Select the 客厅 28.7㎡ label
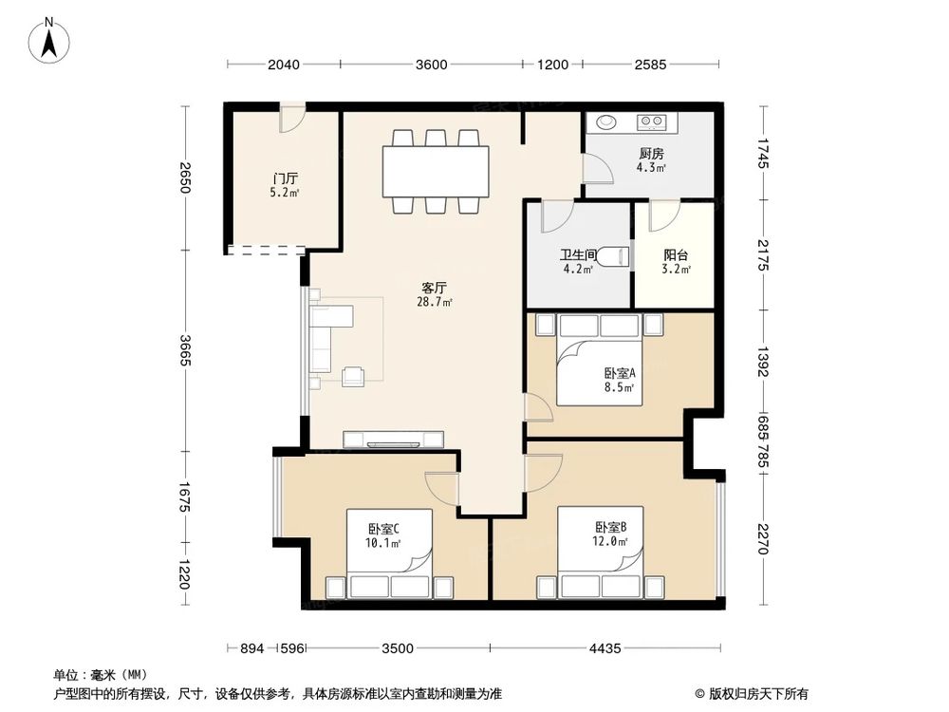pos(435,294)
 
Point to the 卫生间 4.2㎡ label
pos(577,261)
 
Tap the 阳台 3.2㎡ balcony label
pos(676,261)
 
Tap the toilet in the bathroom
pos(620,255)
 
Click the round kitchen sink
pos(605,122)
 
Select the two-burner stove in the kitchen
pos(652,122)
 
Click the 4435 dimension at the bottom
pos(604,648)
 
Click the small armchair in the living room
pos(354,376)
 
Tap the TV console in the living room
pos(394,439)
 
